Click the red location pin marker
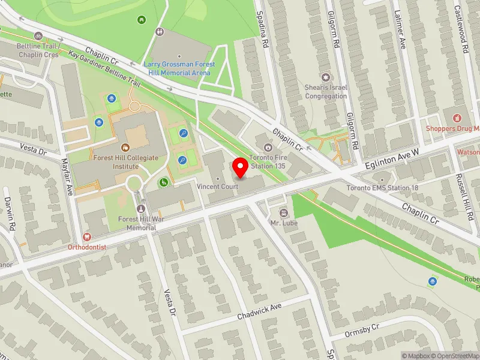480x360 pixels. pos(241,168)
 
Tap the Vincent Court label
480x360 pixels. pos(218,187)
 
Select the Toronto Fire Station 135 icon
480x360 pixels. pos(268,147)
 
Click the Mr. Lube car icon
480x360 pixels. pos(283,213)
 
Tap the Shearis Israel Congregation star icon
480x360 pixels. pos(326,77)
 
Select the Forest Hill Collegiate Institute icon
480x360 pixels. pos(126,147)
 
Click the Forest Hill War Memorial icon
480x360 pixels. pos(142,209)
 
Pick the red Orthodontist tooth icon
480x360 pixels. pos(87,238)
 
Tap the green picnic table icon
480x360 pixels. pos(142,20)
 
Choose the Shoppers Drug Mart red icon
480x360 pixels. pos(457,118)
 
